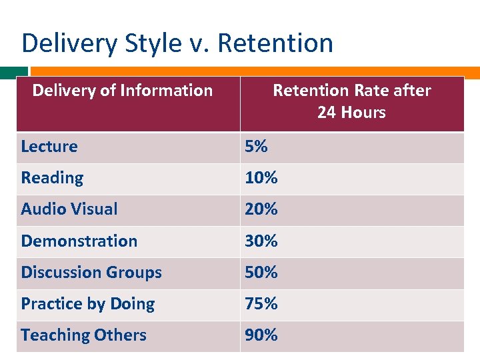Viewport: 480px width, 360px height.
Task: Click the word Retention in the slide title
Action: tap(275, 43)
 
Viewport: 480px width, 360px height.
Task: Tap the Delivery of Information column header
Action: tap(123, 90)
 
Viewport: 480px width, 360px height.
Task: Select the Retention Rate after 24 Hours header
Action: tap(352, 101)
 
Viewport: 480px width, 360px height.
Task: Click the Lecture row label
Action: tap(49, 147)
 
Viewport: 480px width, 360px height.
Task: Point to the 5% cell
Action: tap(256, 147)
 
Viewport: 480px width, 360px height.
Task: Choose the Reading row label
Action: tap(52, 178)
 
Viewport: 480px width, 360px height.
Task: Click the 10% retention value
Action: tap(261, 178)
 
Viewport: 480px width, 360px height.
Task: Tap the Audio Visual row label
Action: tap(69, 209)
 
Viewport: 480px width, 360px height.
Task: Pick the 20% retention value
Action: tap(261, 209)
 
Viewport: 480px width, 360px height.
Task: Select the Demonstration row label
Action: tap(79, 241)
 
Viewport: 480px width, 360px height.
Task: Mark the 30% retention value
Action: tap(261, 241)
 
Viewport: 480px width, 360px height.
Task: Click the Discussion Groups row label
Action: tap(91, 273)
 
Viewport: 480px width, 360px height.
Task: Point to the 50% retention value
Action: tap(261, 273)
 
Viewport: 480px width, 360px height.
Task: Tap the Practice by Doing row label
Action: tap(88, 304)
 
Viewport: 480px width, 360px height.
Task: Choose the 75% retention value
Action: tap(261, 304)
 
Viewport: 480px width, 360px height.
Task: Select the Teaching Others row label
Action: tap(83, 335)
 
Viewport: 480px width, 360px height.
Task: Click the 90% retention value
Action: tap(261, 335)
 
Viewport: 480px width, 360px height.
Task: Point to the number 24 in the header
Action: tap(327, 112)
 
